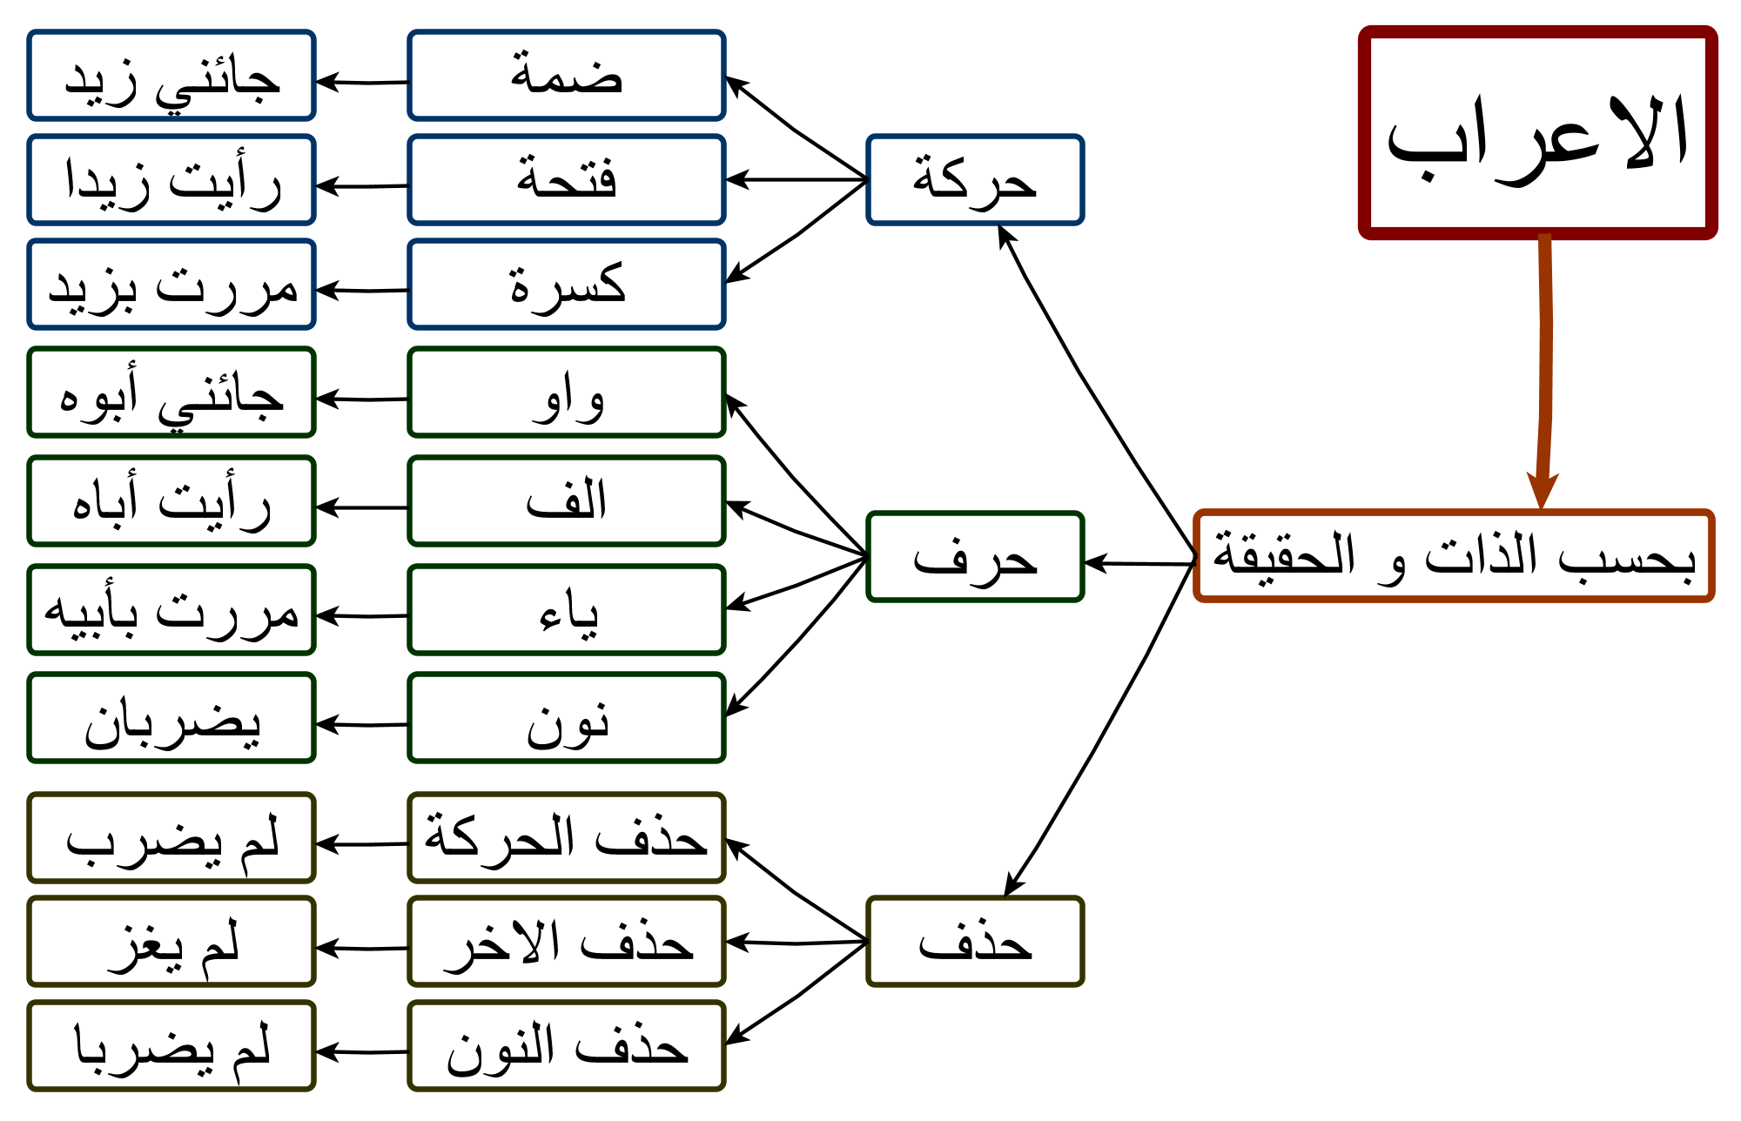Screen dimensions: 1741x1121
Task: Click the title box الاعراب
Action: [1537, 132]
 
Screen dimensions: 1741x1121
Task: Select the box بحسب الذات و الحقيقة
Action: [1454, 556]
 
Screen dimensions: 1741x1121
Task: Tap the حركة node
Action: [975, 180]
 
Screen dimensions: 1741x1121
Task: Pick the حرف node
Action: [975, 557]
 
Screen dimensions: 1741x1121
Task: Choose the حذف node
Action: [975, 942]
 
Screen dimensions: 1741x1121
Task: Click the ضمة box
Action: [567, 76]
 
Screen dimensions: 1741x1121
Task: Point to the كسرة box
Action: [567, 285]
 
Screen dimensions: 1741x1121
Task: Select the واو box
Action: [567, 393]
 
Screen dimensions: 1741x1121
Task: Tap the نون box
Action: [567, 718]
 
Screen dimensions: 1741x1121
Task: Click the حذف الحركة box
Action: [567, 838]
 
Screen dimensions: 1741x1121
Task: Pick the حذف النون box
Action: [567, 1046]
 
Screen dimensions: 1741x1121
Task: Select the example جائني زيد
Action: [171, 76]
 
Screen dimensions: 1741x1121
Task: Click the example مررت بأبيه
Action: [171, 610]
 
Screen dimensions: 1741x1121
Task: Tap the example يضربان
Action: [171, 718]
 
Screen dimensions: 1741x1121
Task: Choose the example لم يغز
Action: [171, 942]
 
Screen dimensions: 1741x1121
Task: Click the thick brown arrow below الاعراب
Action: [1546, 370]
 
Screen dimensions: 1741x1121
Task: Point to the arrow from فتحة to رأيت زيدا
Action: [362, 186]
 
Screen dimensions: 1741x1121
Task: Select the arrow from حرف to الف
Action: [797, 529]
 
